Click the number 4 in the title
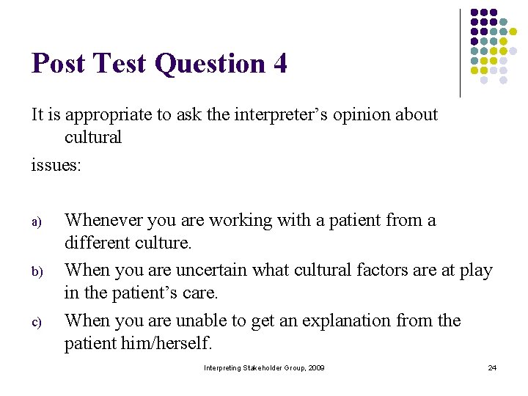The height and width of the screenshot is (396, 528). pos(279,64)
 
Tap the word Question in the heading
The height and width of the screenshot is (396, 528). pos(210,65)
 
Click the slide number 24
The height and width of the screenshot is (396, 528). pos(492,367)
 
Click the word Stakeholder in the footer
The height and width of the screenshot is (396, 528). pos(263,367)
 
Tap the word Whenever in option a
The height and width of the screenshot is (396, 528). pos(105,220)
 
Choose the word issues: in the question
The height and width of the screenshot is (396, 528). pos(56,165)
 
